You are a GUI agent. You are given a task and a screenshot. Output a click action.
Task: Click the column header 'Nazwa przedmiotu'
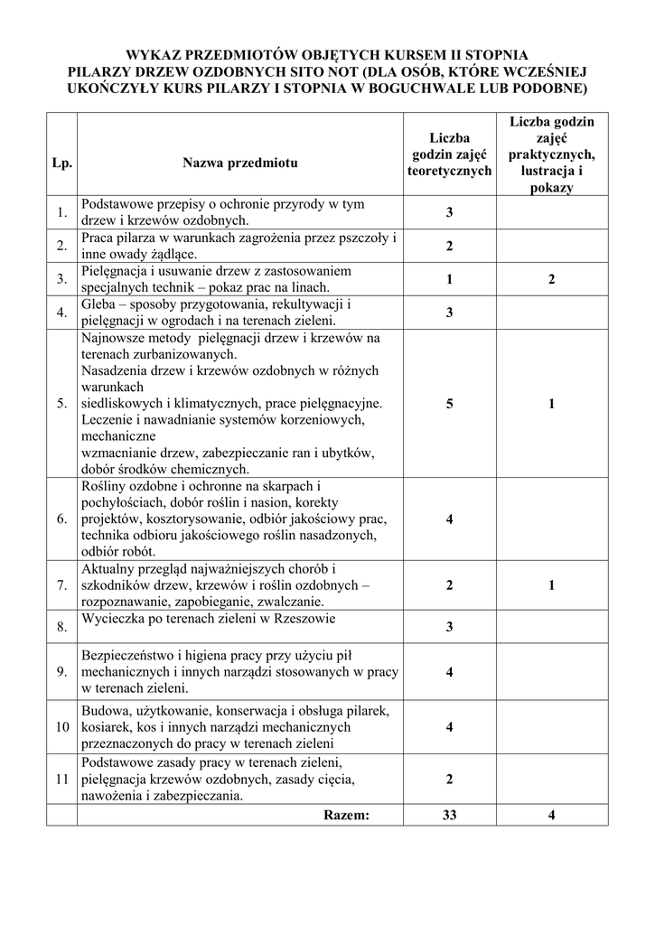pyautogui.click(x=239, y=164)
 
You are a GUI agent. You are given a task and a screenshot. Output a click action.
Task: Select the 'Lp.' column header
pyautogui.click(x=61, y=164)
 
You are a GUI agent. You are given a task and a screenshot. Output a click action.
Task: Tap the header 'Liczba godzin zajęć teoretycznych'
pyautogui.click(x=449, y=154)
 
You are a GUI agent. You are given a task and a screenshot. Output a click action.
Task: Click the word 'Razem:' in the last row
pyautogui.click(x=346, y=815)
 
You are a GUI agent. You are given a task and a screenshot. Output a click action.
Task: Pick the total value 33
pyautogui.click(x=449, y=815)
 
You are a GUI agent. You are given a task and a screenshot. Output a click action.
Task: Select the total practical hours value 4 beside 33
pyautogui.click(x=551, y=815)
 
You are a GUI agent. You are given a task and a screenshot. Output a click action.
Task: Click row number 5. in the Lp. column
pyautogui.click(x=61, y=404)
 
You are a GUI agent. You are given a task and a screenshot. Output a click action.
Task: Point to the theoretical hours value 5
pyautogui.click(x=449, y=404)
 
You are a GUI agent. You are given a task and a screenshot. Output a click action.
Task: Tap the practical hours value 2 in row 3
pyautogui.click(x=551, y=279)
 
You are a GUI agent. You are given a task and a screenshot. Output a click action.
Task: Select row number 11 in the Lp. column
pyautogui.click(x=61, y=780)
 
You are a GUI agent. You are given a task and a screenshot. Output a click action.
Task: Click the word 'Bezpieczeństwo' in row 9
pyautogui.click(x=128, y=655)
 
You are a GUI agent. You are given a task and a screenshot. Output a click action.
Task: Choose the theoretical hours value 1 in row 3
pyautogui.click(x=449, y=279)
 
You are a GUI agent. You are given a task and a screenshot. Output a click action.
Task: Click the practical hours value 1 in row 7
pyautogui.click(x=551, y=585)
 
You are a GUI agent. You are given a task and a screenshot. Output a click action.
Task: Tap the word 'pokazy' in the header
pyautogui.click(x=551, y=188)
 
